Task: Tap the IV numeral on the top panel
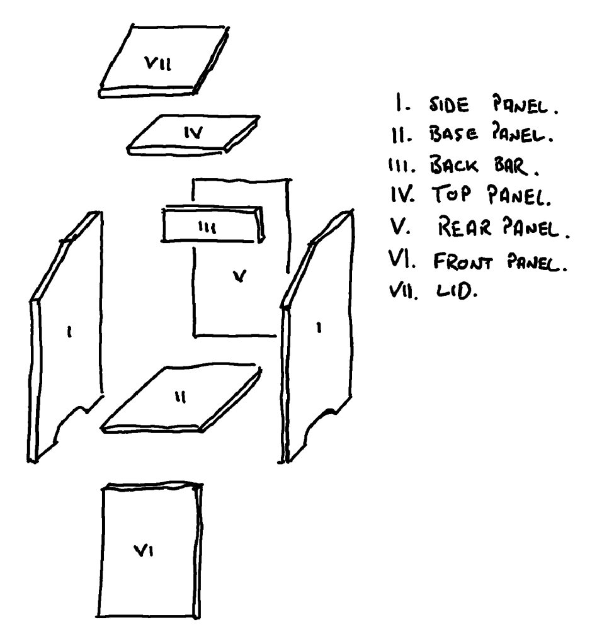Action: [x=193, y=133]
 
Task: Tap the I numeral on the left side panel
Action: [x=69, y=332]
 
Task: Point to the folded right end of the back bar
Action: [x=259, y=223]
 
